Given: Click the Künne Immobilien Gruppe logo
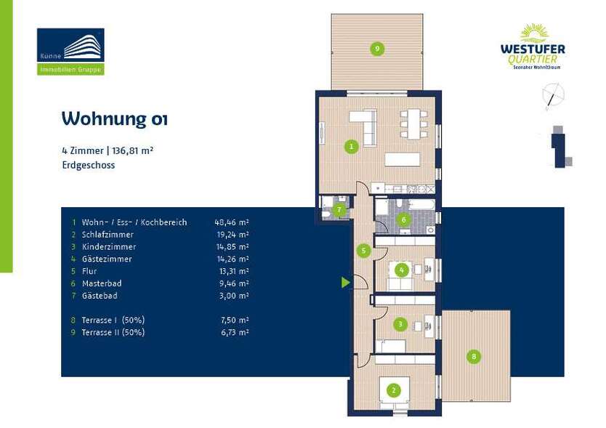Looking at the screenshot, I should pyautogui.click(x=70, y=51).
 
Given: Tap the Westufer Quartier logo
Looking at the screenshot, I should pyautogui.click(x=532, y=47).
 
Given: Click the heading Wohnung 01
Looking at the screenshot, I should pyautogui.click(x=114, y=118).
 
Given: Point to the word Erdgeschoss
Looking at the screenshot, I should pyautogui.click(x=88, y=165).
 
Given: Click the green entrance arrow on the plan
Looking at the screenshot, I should pyautogui.click(x=346, y=282).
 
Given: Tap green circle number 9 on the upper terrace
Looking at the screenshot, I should pyautogui.click(x=376, y=49).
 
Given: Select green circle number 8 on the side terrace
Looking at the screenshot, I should pyautogui.click(x=474, y=356).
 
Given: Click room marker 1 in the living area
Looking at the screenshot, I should pyautogui.click(x=352, y=147).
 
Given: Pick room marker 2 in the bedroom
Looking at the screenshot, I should pyautogui.click(x=393, y=390).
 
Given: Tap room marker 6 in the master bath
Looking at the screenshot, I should pyautogui.click(x=403, y=219).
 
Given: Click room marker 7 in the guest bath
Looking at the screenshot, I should pyautogui.click(x=339, y=211).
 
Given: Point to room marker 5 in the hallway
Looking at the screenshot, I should pyautogui.click(x=365, y=251).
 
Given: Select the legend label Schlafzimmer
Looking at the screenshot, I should pyautogui.click(x=108, y=235).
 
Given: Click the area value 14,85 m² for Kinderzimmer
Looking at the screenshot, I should pyautogui.click(x=232, y=247).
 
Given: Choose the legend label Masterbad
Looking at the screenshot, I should pyautogui.click(x=102, y=283).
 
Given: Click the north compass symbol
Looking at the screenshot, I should pyautogui.click(x=554, y=95).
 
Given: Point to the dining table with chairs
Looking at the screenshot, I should pyautogui.click(x=413, y=124).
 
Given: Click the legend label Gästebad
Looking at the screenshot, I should pyautogui.click(x=100, y=296).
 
